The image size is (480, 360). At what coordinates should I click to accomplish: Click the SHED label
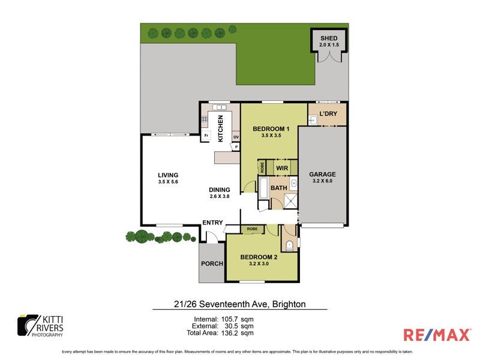(329, 38)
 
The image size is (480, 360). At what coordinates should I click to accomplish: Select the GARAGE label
(323, 173)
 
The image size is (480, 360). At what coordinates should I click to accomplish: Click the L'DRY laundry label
(328, 113)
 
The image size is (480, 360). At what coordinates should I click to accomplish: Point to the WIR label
(283, 169)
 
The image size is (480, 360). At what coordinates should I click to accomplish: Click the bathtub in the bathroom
(264, 188)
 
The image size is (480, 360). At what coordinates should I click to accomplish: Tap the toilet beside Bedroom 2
(289, 244)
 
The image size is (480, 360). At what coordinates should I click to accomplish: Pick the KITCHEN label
(221, 128)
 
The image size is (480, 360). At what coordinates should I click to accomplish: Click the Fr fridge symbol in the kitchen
(206, 136)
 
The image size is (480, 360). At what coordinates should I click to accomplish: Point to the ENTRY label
(212, 223)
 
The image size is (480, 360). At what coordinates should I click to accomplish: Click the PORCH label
(212, 264)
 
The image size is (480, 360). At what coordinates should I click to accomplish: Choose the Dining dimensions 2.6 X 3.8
(220, 196)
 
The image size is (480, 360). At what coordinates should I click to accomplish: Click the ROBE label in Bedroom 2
(252, 229)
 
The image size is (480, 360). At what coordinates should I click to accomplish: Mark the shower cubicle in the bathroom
(290, 201)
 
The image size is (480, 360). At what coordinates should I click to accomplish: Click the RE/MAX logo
(437, 335)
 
